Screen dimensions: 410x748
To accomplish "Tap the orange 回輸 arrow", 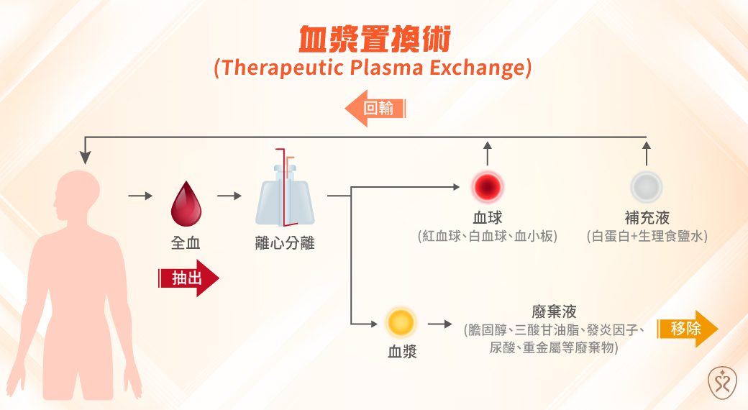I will click(x=375, y=109).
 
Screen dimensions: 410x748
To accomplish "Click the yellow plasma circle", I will click(x=401, y=322).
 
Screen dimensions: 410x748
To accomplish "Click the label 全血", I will click(x=185, y=242).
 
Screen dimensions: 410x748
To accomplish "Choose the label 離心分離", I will click(x=285, y=243).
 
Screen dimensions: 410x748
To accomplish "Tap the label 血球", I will click(x=488, y=218).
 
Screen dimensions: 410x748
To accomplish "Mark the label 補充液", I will click(x=646, y=218).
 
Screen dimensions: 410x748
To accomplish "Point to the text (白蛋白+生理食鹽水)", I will click(x=647, y=235).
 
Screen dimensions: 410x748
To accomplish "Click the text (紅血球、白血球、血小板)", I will click(x=488, y=235).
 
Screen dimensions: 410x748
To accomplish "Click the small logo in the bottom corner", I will click(x=720, y=382).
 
